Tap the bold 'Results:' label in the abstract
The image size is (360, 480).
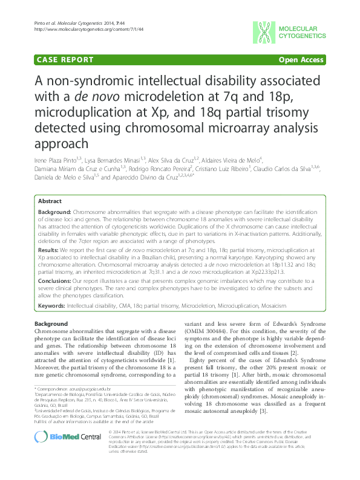pyautogui.click(x=50, y=249)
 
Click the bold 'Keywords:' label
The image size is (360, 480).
pyautogui.click(x=52, y=306)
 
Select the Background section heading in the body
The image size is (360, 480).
pyautogui.click(x=51, y=324)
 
